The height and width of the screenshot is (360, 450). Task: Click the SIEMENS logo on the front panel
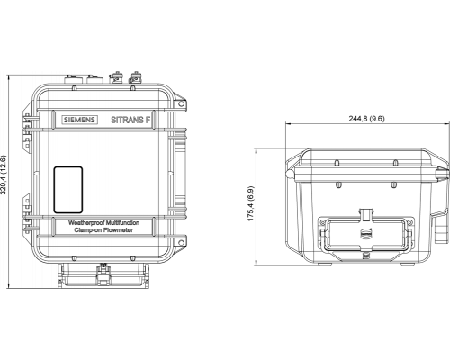(80, 120)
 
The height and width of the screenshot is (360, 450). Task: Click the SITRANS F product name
(130, 120)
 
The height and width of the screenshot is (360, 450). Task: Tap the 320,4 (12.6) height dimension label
(4, 175)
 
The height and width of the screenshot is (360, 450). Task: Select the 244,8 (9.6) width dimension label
(366, 119)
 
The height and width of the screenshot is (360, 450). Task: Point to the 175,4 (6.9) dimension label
(250, 203)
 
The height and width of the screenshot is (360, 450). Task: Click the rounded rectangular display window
(68, 190)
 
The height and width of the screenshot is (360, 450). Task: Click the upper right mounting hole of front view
(181, 103)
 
